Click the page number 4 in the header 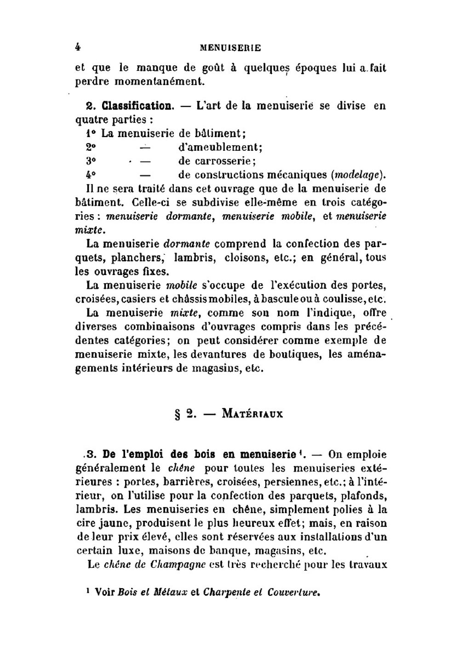pyautogui.click(x=78, y=47)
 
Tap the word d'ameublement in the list pyautogui.click(x=220, y=148)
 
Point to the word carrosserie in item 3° pyautogui.click(x=223, y=161)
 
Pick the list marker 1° pyautogui.click(x=91, y=134)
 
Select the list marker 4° pyautogui.click(x=91, y=175)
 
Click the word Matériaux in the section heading pyautogui.click(x=252, y=413)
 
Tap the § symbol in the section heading pyautogui.click(x=178, y=414)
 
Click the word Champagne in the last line pyautogui.click(x=178, y=565)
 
